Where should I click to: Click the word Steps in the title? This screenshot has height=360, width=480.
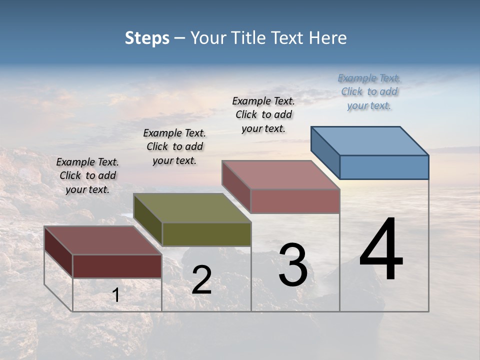click(x=147, y=38)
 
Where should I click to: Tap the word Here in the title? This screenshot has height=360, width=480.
click(x=327, y=38)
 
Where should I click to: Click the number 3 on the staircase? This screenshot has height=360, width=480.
click(x=293, y=265)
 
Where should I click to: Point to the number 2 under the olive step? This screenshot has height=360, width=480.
click(x=201, y=280)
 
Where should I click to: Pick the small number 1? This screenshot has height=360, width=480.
click(x=116, y=295)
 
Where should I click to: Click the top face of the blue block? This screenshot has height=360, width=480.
click(x=370, y=140)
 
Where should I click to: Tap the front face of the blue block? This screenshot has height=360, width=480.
click(x=384, y=167)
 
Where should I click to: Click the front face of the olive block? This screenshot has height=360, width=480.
click(x=206, y=234)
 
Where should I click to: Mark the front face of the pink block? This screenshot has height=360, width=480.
click(x=295, y=201)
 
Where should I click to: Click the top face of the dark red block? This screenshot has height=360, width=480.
click(x=103, y=240)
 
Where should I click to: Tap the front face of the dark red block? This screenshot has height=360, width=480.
click(x=117, y=266)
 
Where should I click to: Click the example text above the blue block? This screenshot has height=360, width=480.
click(x=369, y=91)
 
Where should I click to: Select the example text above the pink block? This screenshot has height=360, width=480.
click(x=263, y=114)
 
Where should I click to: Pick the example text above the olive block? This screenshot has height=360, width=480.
click(x=174, y=146)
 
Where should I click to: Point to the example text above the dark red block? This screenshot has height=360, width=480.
click(x=87, y=175)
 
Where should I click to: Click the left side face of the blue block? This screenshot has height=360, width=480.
click(x=325, y=152)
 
